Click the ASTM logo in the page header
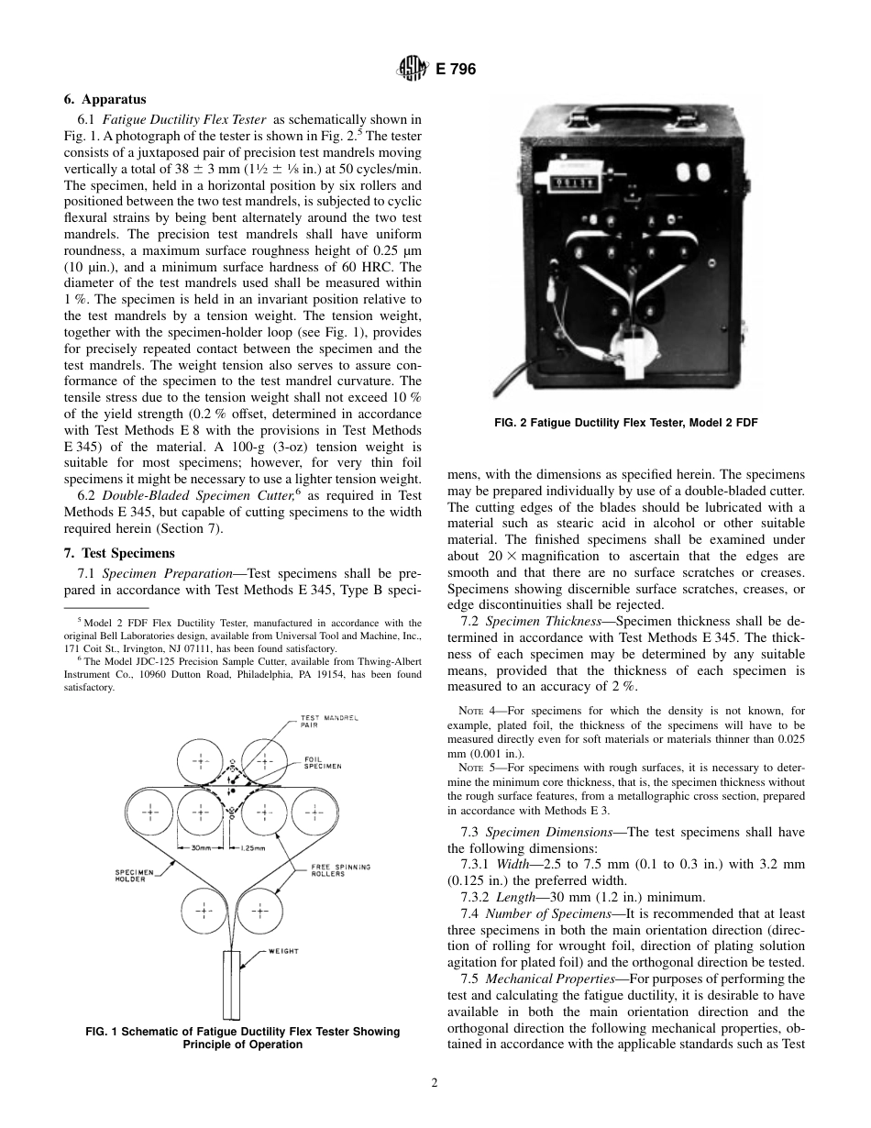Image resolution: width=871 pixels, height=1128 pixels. coord(408,69)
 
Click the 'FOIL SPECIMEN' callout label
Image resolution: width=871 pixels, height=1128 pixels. coord(323,762)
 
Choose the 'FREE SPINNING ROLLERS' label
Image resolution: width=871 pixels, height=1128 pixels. coord(340,869)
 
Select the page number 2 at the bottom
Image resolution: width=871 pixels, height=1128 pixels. coord(435,1082)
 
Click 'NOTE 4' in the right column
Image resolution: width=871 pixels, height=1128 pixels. coord(475,711)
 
